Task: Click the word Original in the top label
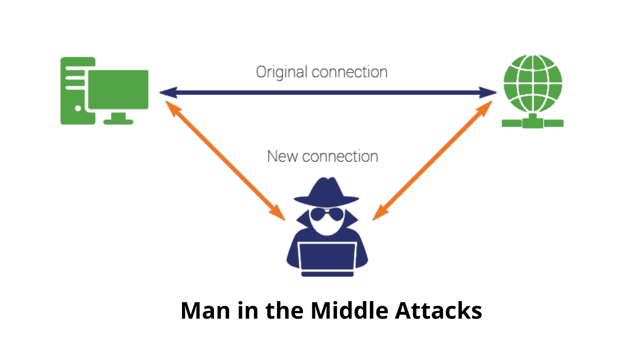[281, 72]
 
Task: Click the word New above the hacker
[282, 156]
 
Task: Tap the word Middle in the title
[349, 311]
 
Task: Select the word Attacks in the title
[438, 311]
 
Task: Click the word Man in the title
[205, 311]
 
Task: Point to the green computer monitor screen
[118, 89]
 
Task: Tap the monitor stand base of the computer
[118, 121]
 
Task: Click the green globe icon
[533, 83]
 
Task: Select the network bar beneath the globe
[533, 123]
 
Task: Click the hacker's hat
[326, 193]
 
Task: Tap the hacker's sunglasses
[326, 214]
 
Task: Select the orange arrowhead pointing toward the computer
[172, 108]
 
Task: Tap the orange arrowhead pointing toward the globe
[484, 108]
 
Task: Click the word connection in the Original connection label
[349, 72]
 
